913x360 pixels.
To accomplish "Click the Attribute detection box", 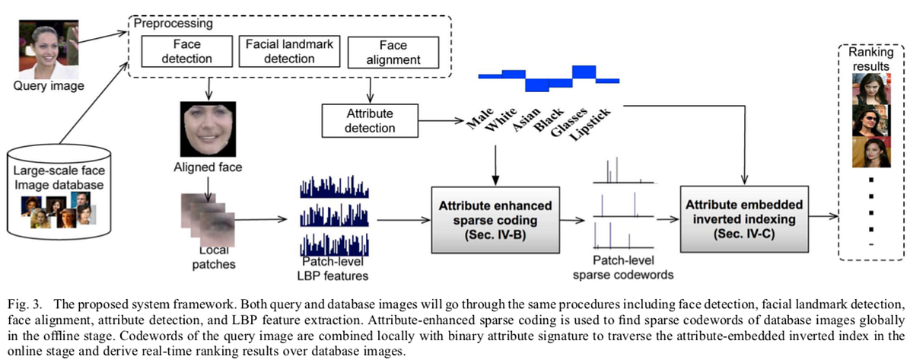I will tap(369, 120).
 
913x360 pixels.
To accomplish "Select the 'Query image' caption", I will tap(48, 86).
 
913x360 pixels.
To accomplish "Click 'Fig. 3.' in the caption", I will tap(22, 293).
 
